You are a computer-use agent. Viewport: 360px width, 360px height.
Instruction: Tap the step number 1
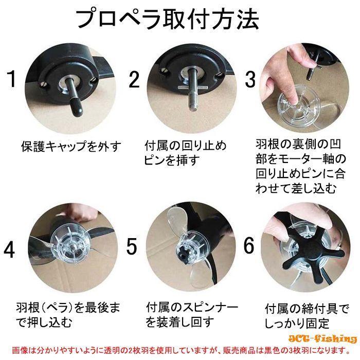(11, 79)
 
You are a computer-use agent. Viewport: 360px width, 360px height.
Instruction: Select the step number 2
(134, 79)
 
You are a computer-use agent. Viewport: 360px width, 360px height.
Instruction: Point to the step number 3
(250, 79)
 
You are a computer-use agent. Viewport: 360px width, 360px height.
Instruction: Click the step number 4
(9, 249)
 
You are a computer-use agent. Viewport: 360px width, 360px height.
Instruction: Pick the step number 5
(132, 246)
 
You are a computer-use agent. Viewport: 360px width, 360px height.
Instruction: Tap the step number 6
(249, 246)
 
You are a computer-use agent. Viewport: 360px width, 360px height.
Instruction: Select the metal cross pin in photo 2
(193, 88)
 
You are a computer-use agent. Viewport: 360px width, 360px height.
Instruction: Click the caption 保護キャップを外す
(71, 146)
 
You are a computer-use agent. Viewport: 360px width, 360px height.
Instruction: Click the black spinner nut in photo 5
(182, 251)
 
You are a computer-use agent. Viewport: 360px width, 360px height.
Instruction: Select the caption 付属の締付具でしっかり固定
(307, 316)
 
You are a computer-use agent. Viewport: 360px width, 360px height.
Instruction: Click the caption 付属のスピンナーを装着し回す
(192, 315)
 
